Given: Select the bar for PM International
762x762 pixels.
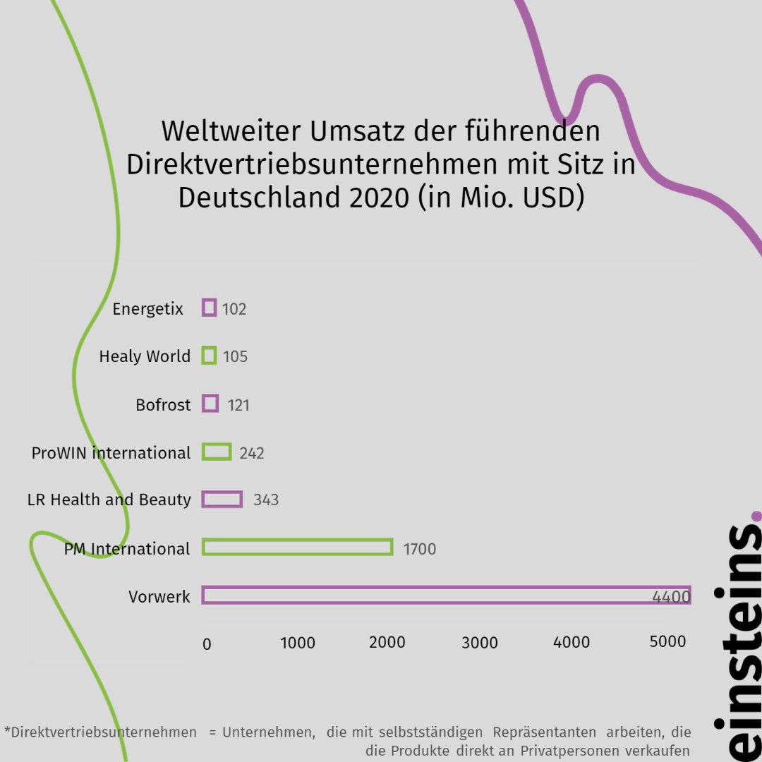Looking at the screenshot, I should click(297, 548).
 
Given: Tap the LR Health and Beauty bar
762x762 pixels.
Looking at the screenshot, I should click(222, 500).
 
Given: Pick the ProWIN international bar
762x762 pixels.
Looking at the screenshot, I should click(217, 452).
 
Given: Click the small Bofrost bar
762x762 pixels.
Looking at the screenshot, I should click(210, 404).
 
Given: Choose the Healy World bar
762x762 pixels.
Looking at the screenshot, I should click(209, 356).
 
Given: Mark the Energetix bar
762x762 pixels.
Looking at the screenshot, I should click(209, 308).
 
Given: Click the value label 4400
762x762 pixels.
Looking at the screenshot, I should click(670, 598).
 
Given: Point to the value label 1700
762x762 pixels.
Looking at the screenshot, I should click(419, 549).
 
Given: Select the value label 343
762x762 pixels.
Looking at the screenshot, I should click(266, 500).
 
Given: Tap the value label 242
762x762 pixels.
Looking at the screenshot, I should click(252, 453).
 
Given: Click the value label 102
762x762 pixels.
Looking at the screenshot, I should click(234, 309).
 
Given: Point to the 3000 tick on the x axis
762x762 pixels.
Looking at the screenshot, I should click(480, 643).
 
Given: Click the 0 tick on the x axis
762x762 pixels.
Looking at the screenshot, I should click(207, 643).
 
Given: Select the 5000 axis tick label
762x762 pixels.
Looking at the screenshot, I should click(667, 641).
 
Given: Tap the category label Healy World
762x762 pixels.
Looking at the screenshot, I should click(145, 356).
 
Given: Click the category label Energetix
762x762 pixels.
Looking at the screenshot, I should click(147, 309).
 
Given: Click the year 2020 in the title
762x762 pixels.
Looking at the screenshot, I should click(378, 198).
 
